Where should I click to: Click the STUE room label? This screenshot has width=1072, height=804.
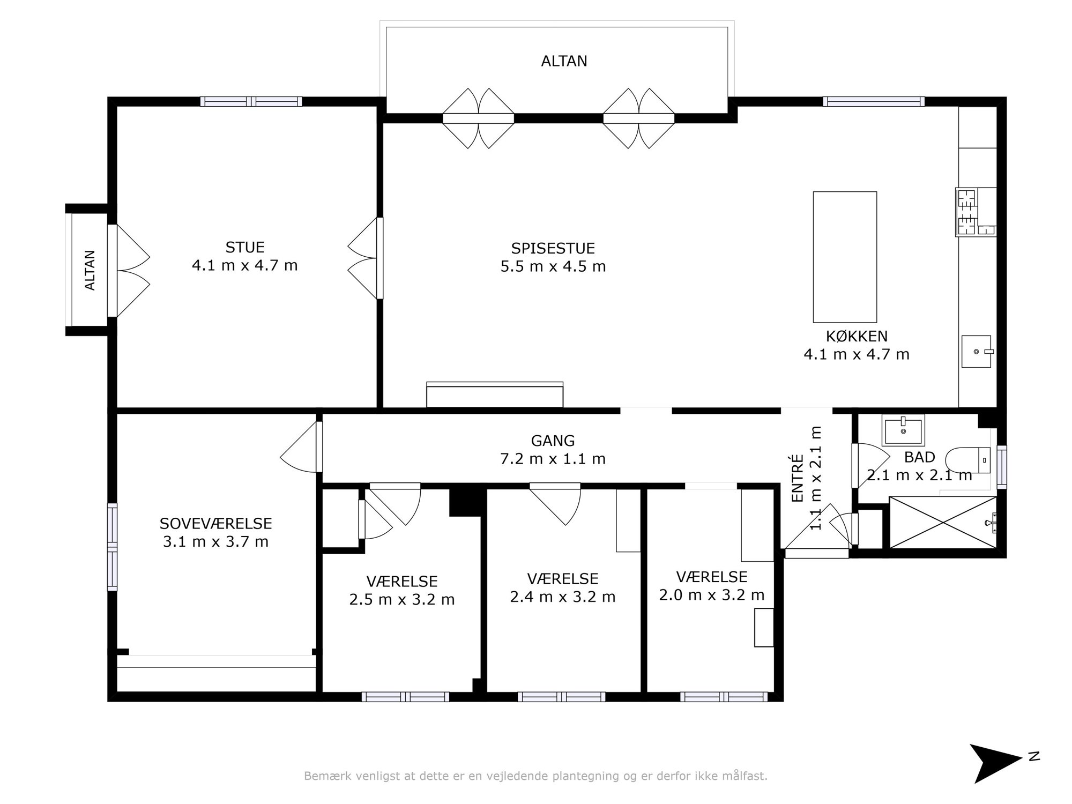click(x=245, y=247)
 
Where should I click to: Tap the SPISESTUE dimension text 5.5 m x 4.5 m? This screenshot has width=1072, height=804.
click(x=553, y=266)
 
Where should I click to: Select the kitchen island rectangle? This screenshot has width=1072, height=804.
click(x=845, y=257)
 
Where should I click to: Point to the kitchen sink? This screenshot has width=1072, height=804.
click(x=976, y=352)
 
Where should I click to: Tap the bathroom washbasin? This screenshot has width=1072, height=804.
click(x=903, y=430)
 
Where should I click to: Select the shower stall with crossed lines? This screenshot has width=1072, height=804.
click(x=942, y=522)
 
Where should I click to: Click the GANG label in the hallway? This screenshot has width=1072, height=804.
click(x=553, y=441)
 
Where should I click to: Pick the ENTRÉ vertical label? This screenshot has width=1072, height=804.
click(x=798, y=478)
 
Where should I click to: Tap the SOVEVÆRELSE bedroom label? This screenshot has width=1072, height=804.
click(x=215, y=523)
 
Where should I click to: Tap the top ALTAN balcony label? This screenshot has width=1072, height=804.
click(x=564, y=61)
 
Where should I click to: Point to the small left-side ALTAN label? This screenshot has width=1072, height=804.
click(x=90, y=270)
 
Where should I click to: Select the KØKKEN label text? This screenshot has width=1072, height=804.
click(x=857, y=336)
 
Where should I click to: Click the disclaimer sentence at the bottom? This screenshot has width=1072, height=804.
click(x=535, y=776)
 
